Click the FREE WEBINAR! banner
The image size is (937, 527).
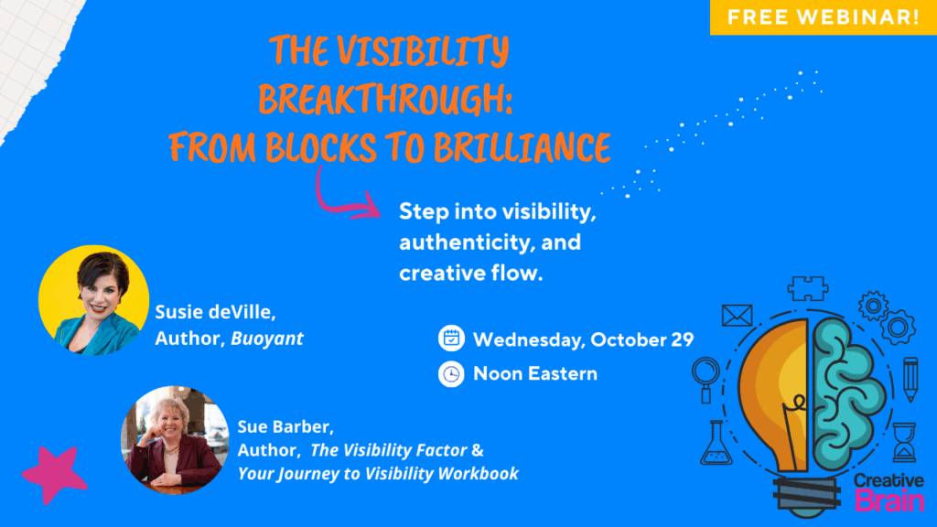pyautogui.click(x=823, y=17)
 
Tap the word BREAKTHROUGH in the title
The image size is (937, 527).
pyautogui.click(x=385, y=99)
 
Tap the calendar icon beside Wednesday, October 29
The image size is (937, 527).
pyautogui.click(x=451, y=339)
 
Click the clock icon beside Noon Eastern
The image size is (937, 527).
pyautogui.click(x=451, y=374)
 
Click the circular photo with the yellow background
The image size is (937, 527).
pyautogui.click(x=93, y=300)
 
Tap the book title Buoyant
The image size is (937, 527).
pyautogui.click(x=267, y=339)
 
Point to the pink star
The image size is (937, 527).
pyautogui.click(x=54, y=475)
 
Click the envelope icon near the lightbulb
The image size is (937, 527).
pyautogui.click(x=737, y=316)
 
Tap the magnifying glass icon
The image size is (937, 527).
pyautogui.click(x=707, y=375)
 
